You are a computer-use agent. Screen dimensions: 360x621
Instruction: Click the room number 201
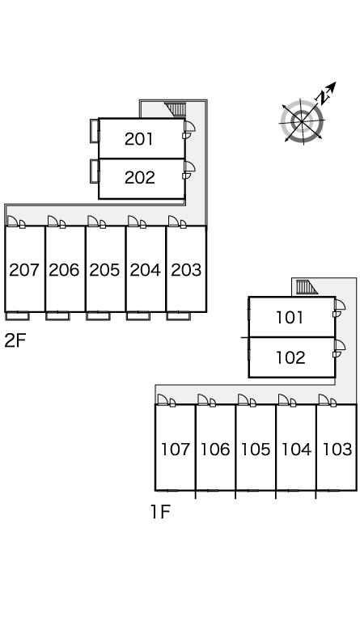(x=138, y=139)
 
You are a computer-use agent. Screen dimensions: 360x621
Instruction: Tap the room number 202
(x=139, y=177)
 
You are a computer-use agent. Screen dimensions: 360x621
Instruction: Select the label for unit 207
(x=24, y=270)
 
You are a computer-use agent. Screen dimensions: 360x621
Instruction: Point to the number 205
(x=104, y=270)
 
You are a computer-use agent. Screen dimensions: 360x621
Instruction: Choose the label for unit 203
(x=186, y=270)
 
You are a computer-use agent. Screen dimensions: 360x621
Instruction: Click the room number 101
(x=290, y=318)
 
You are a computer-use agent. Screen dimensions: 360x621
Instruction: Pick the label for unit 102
(x=290, y=357)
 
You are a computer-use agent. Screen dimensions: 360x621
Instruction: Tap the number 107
(x=175, y=450)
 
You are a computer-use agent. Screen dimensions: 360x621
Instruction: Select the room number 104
(x=296, y=450)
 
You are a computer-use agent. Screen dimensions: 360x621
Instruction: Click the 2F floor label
(x=15, y=340)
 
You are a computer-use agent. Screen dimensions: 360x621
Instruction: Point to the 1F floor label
(x=160, y=512)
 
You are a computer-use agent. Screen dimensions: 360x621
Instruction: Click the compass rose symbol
(x=303, y=120)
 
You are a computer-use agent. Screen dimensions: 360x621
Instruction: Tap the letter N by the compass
(x=324, y=96)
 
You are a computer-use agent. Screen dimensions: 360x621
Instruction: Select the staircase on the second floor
(x=176, y=109)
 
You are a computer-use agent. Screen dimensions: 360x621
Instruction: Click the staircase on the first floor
(x=307, y=287)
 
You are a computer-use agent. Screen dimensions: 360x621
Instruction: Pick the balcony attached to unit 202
(x=95, y=171)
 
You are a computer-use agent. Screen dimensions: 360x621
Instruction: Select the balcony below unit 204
(x=138, y=316)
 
